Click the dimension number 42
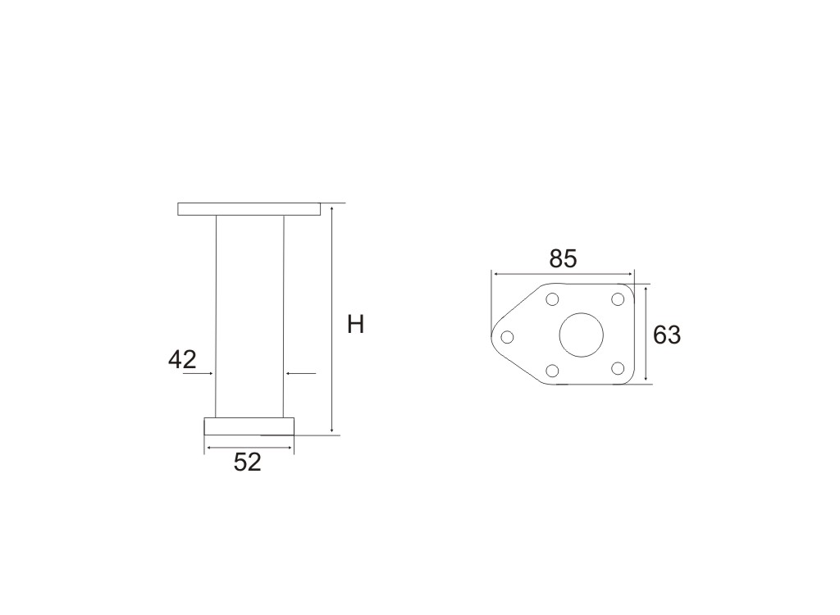(x=182, y=359)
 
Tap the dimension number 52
(x=248, y=462)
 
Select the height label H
(x=356, y=325)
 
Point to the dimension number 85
(x=563, y=259)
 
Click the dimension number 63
(x=667, y=335)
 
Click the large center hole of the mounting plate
(x=582, y=335)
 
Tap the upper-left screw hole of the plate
(x=552, y=299)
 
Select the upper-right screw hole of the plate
(x=618, y=299)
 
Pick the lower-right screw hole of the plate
(x=618, y=368)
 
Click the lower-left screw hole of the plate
(x=552, y=370)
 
